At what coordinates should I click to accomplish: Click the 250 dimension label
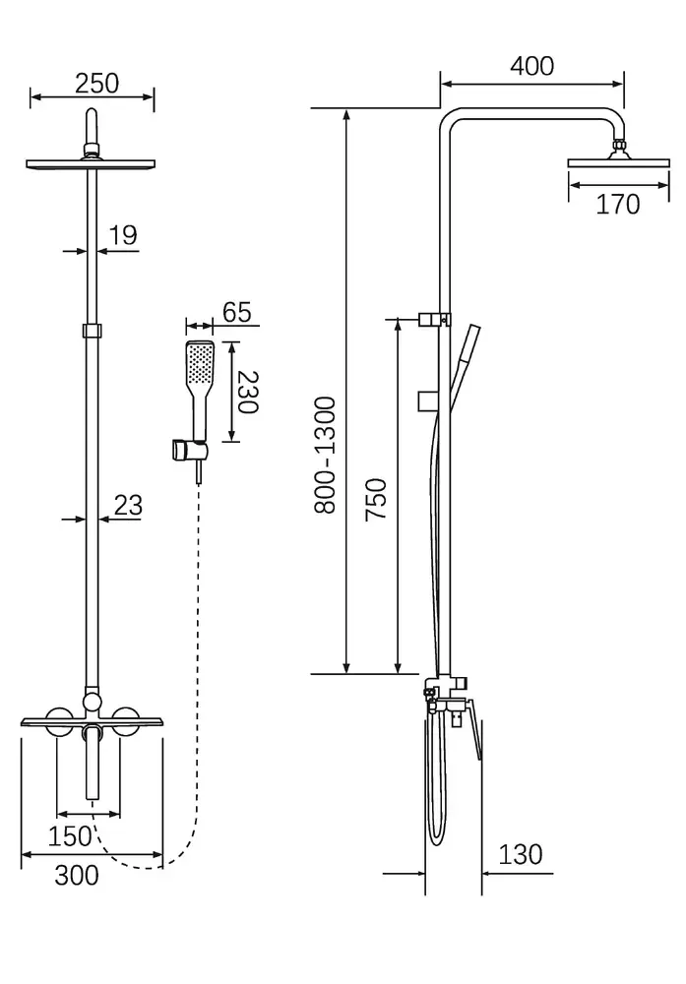click(96, 83)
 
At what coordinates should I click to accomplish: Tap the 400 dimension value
click(531, 66)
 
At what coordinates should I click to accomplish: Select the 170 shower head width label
click(617, 205)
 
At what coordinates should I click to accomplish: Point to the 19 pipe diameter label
click(123, 235)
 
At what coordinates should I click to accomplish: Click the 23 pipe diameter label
click(128, 505)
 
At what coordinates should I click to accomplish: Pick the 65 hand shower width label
click(236, 312)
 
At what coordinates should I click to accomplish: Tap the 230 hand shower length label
click(248, 393)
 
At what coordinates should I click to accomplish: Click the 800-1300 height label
click(325, 455)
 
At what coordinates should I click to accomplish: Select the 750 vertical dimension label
click(376, 499)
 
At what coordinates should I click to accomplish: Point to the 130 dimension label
click(521, 854)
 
